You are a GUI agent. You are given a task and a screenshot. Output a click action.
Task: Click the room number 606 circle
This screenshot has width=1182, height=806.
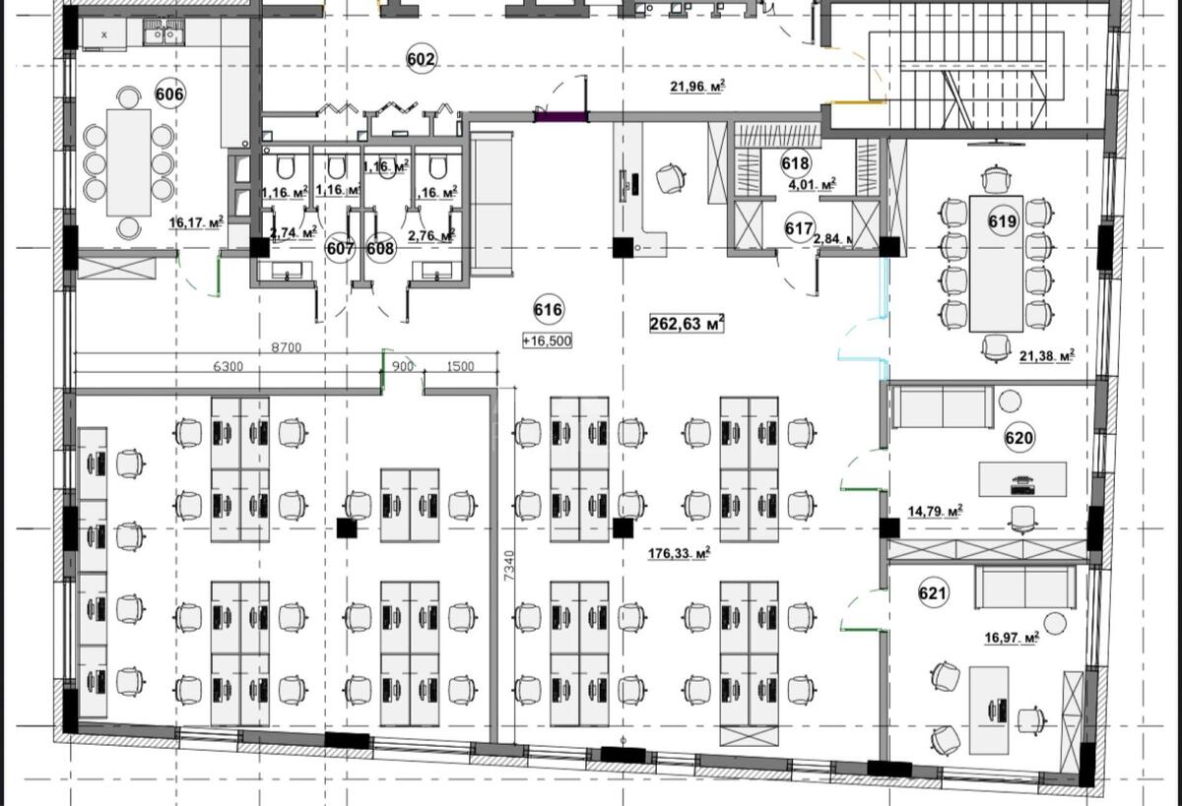click(170, 94)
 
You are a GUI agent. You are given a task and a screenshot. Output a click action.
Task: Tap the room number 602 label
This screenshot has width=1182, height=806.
click(421, 60)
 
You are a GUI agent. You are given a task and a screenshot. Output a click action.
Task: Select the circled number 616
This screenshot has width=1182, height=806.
click(548, 310)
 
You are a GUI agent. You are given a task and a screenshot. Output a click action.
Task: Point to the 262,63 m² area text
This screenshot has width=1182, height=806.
click(688, 324)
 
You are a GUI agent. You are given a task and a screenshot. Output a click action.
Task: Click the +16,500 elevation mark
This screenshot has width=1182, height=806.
click(548, 341)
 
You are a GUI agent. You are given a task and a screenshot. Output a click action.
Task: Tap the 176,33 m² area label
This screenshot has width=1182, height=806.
click(679, 554)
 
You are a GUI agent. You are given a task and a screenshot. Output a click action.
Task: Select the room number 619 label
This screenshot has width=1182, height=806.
click(1002, 222)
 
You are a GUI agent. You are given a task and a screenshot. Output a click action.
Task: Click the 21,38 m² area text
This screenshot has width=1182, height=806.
click(1046, 356)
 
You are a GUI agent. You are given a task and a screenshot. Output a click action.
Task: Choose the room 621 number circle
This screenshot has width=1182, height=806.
click(933, 593)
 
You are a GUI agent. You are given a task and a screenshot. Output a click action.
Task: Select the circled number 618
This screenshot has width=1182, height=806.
click(795, 164)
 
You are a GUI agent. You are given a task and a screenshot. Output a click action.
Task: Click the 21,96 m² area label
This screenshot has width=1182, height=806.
click(697, 87)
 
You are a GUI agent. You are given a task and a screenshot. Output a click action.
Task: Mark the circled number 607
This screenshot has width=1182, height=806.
click(340, 248)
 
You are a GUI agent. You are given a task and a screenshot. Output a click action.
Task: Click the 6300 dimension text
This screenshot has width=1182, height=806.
click(229, 366)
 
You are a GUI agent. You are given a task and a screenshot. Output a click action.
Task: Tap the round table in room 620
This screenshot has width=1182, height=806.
click(1011, 401)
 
